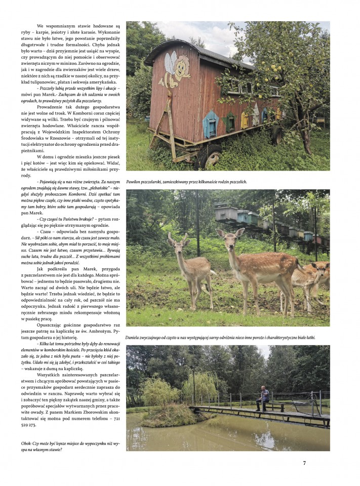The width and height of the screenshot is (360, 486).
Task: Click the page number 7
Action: click(x=304, y=462)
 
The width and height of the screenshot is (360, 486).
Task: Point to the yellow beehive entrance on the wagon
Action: click(x=245, y=119)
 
